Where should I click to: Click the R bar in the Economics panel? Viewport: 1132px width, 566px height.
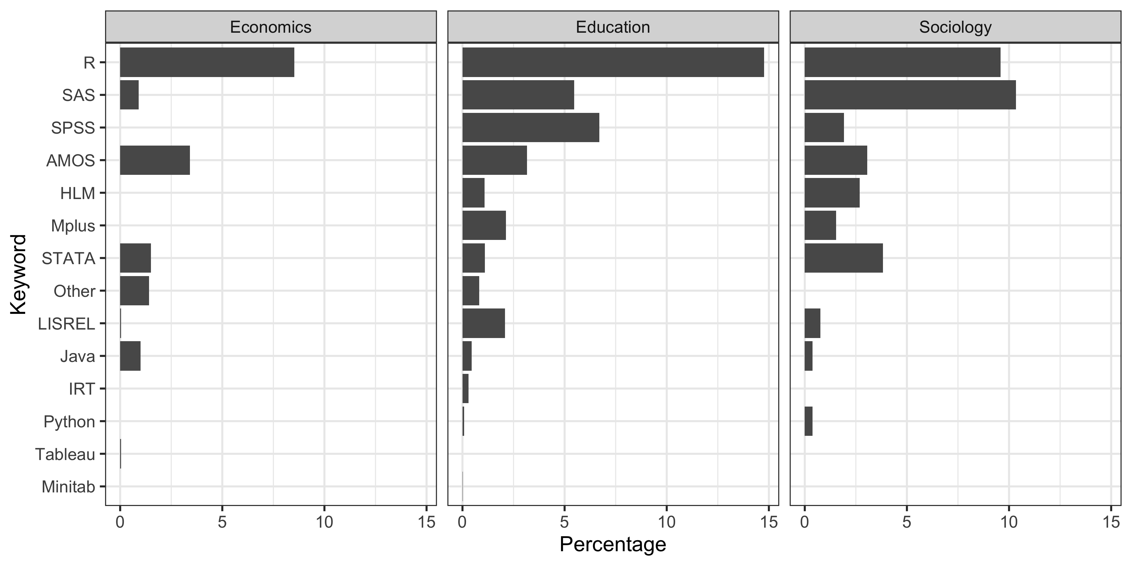[x=207, y=62]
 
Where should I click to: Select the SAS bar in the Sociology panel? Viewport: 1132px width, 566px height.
[x=910, y=95]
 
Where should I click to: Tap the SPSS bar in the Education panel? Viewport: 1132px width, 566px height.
[x=530, y=127]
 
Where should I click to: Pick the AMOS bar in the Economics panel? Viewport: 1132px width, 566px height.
[x=155, y=160]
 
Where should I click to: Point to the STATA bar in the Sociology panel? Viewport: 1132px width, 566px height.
[x=843, y=258]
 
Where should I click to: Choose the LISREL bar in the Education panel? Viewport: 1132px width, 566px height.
[x=483, y=324]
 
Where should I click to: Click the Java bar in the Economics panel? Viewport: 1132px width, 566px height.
[x=130, y=356]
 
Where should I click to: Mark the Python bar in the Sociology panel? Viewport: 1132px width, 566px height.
[x=808, y=421]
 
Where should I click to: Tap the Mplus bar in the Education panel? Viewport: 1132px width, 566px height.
[x=484, y=225]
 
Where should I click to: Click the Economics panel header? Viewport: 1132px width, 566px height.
[x=271, y=27]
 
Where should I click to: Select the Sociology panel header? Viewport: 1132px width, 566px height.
[x=955, y=27]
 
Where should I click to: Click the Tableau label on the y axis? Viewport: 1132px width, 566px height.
[x=65, y=454]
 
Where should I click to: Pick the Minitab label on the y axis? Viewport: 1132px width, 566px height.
[x=68, y=487]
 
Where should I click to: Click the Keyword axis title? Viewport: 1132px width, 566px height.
[x=19, y=274]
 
